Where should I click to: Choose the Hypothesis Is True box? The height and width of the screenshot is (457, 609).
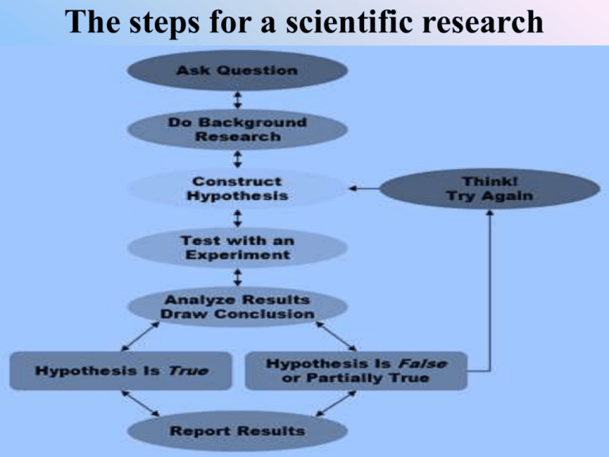(121, 371)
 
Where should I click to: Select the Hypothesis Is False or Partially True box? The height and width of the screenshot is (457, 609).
(356, 371)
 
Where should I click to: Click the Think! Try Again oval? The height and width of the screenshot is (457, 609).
(489, 188)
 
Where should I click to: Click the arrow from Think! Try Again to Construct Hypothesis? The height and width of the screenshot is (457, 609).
(364, 188)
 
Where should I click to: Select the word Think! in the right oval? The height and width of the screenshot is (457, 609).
(489, 180)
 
